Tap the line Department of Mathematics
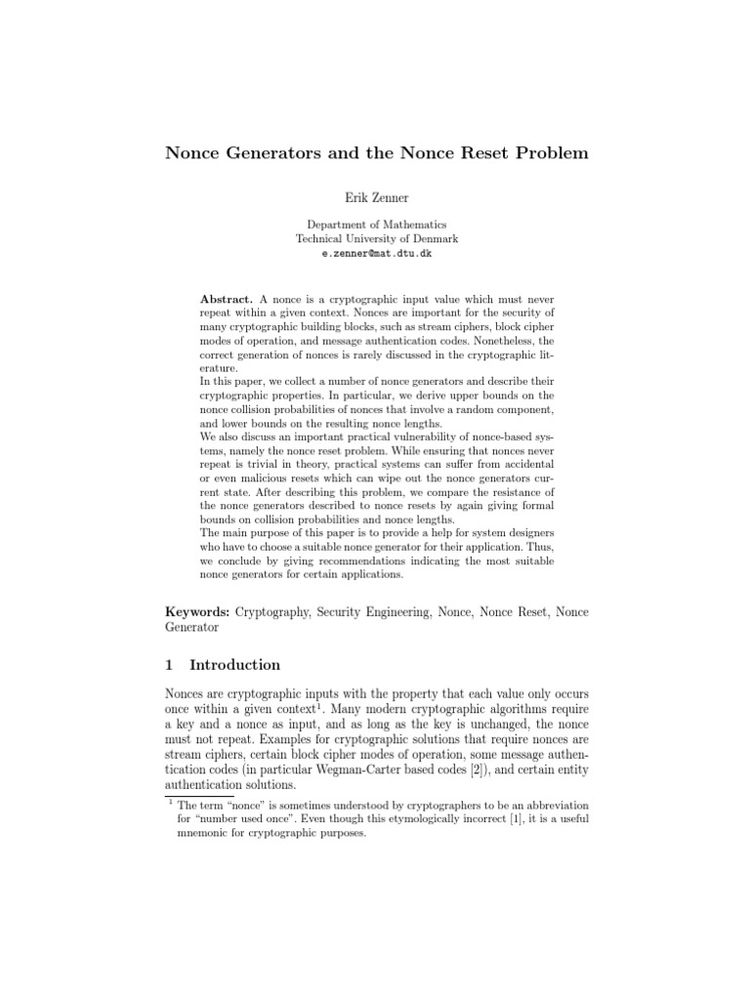click(x=376, y=225)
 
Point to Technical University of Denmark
click(x=376, y=238)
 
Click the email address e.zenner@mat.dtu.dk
click(x=376, y=253)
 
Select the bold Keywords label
click(x=200, y=611)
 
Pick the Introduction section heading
click(x=234, y=665)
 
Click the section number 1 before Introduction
click(x=169, y=665)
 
